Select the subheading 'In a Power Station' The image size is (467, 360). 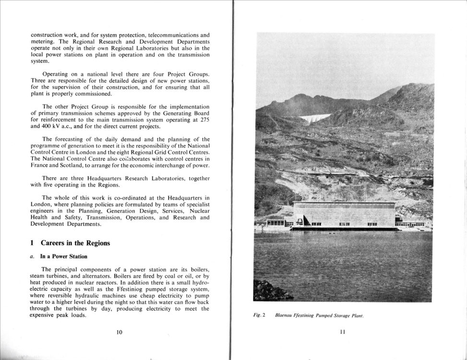tap(63, 257)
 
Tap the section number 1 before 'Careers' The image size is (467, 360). tap(32, 243)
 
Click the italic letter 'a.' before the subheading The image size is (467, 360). tap(32, 257)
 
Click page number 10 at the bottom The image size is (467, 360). tap(119, 332)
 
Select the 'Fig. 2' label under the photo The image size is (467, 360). tap(260, 315)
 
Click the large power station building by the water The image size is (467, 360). tap(344, 215)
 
